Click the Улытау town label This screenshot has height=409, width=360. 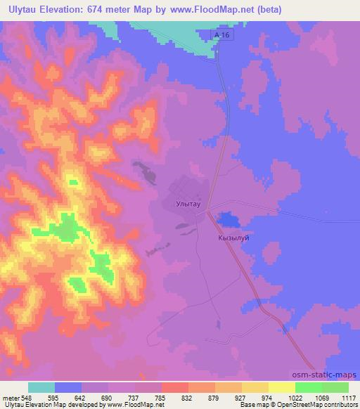188,204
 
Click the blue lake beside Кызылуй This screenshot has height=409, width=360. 227,220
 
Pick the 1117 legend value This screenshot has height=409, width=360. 348,398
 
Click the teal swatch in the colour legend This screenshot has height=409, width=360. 41,387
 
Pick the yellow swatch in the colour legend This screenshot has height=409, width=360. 282,387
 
